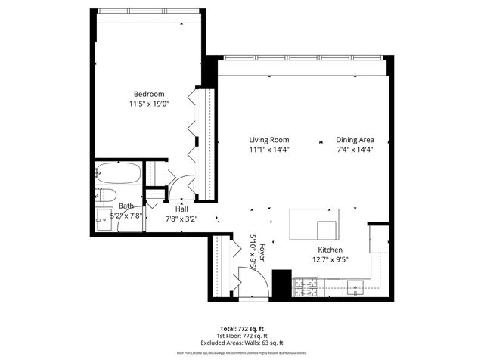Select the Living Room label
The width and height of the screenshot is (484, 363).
(x=270, y=140)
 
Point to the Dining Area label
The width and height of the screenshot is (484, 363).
(x=355, y=140)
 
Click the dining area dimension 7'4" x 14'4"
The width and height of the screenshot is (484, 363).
(x=355, y=150)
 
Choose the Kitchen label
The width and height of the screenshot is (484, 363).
(x=330, y=250)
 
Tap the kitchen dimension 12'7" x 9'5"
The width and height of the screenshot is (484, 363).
(x=330, y=259)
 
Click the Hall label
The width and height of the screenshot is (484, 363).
(x=181, y=209)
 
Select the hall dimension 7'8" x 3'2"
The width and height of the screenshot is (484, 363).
(x=181, y=219)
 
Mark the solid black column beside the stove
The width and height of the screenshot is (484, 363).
(x=281, y=284)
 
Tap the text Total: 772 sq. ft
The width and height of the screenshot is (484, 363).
(x=241, y=329)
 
